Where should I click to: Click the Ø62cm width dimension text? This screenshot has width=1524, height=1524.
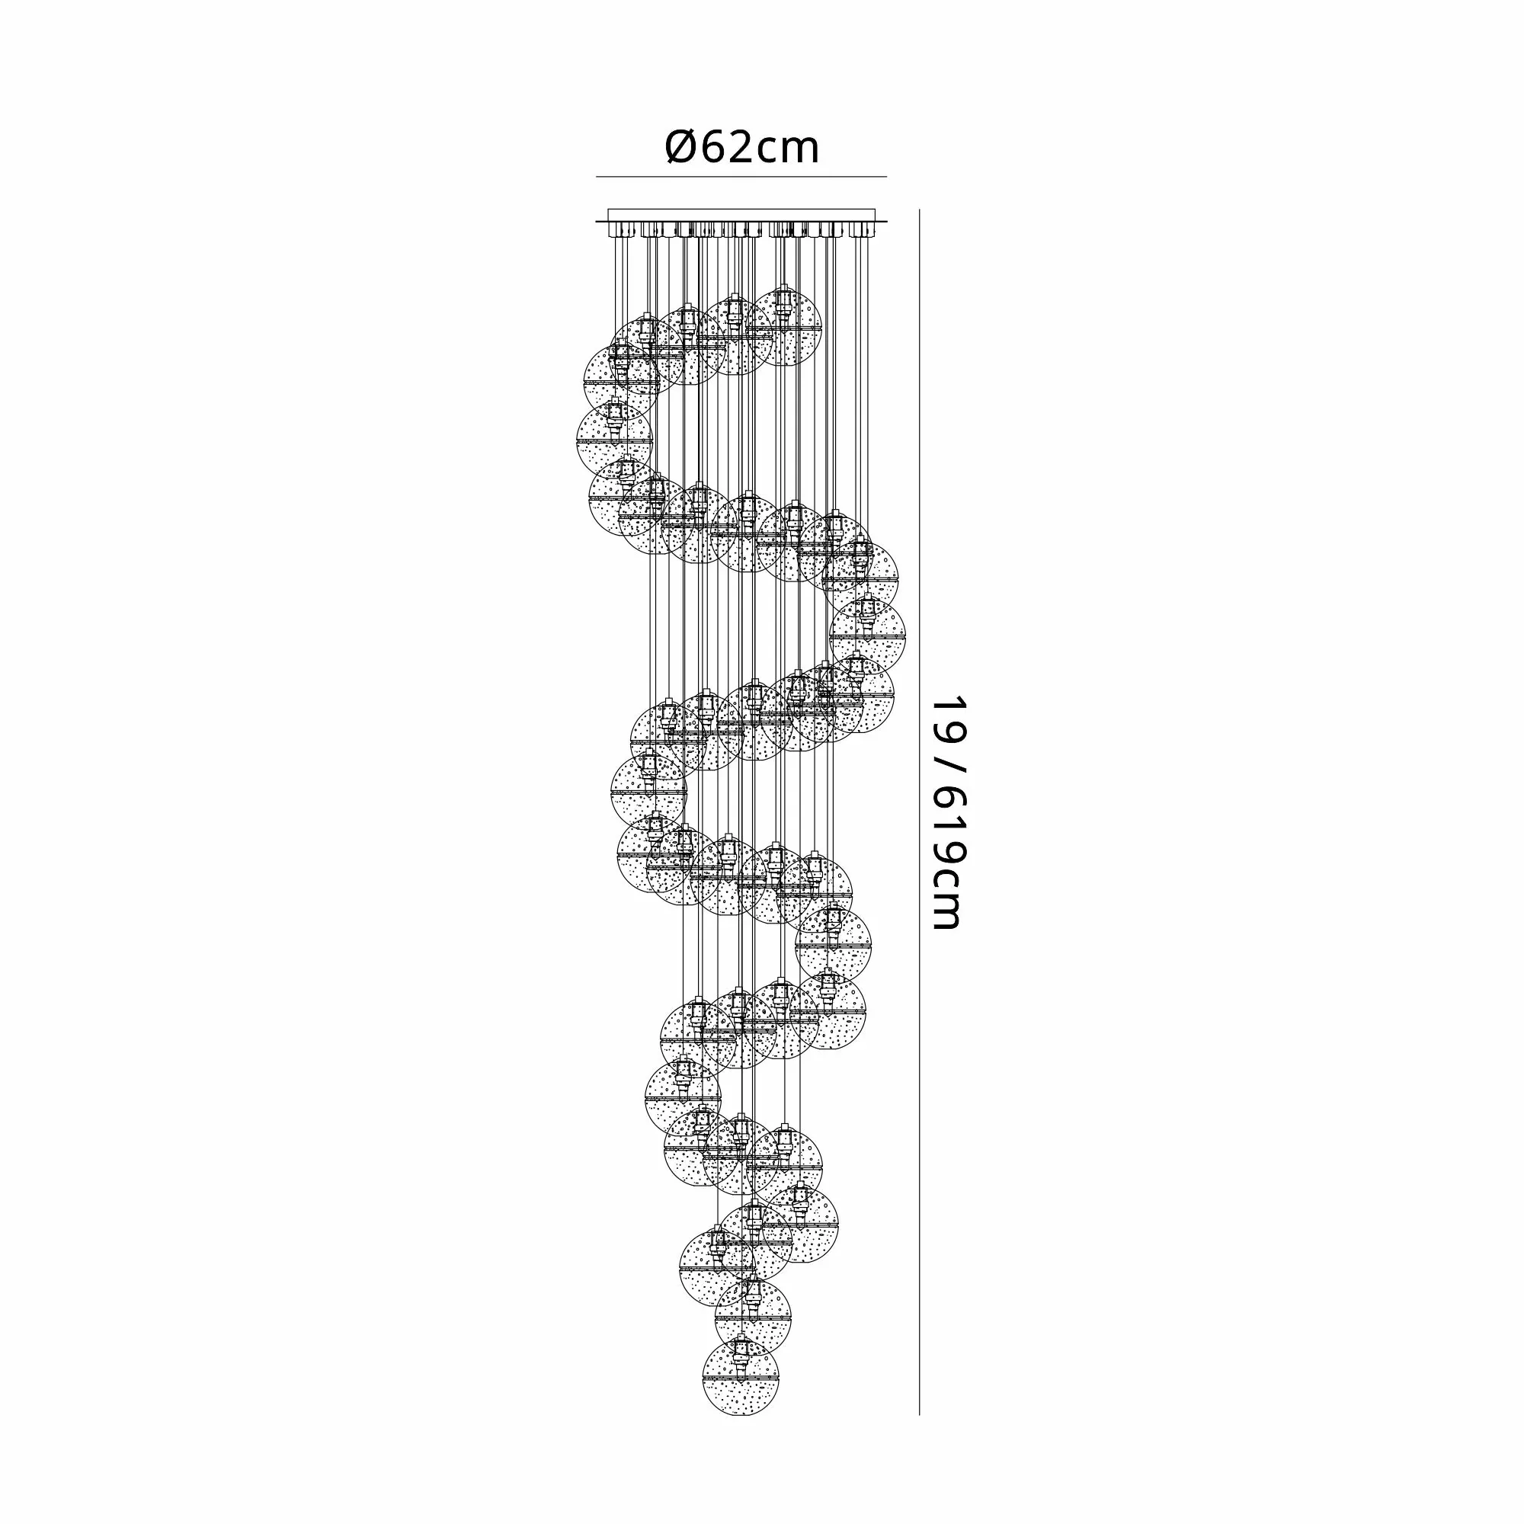742,148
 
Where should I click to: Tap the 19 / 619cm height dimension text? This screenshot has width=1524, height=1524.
948,812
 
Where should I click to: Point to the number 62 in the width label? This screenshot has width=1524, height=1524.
719,148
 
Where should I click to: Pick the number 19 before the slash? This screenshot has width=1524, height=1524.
948,716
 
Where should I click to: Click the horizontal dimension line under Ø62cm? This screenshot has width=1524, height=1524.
741,177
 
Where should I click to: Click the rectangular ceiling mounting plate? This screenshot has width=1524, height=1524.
741,216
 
